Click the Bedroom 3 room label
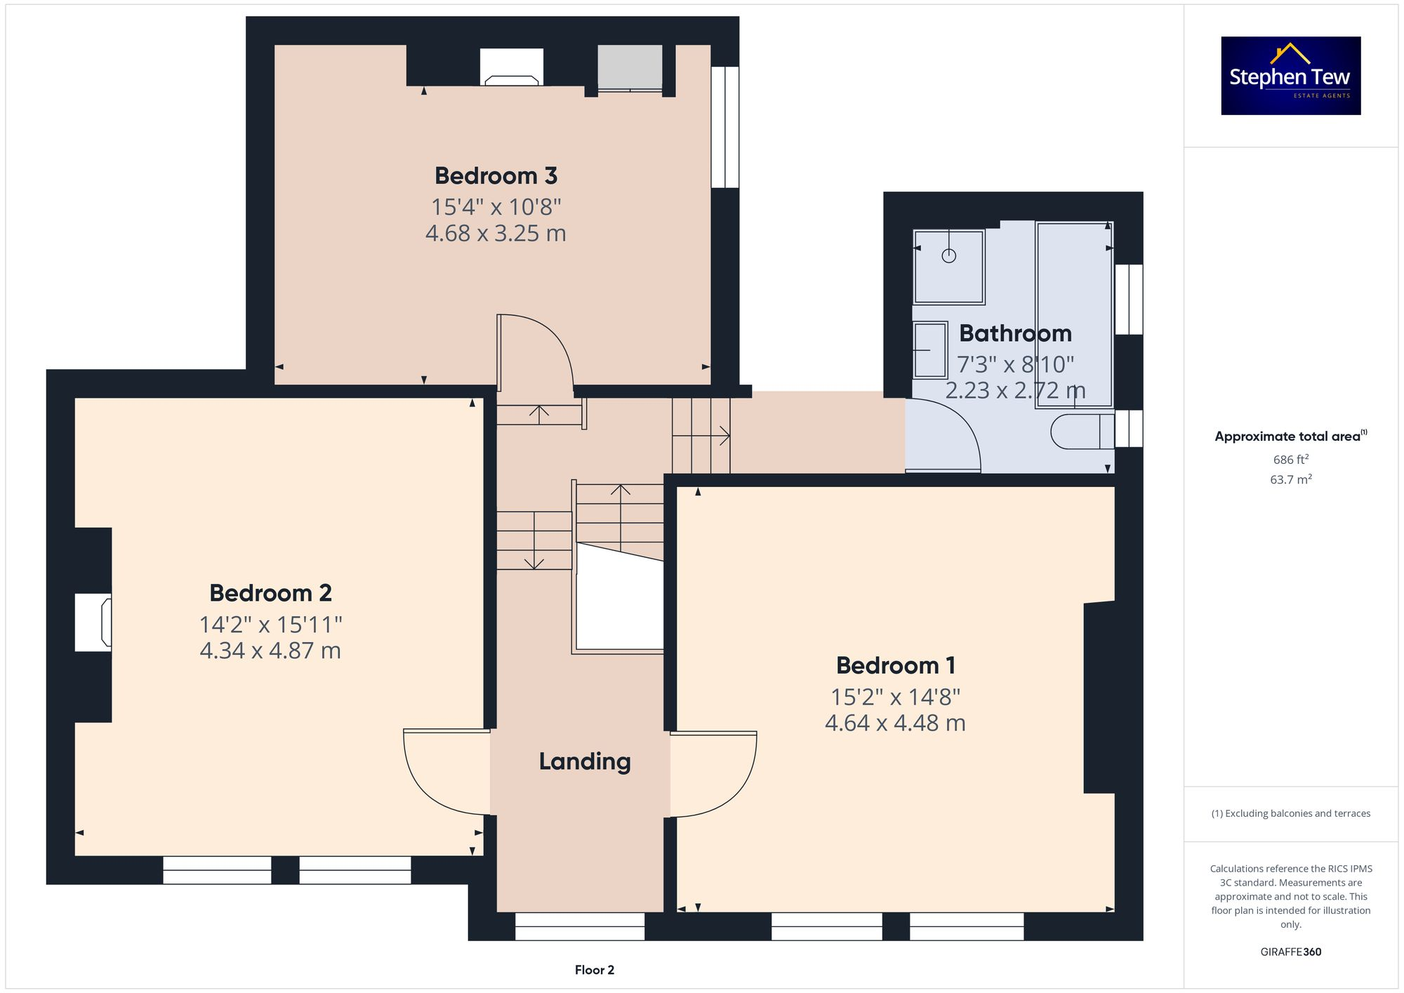point(496,175)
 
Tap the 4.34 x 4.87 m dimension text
point(270,651)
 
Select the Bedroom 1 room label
point(895,665)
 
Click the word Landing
point(585,761)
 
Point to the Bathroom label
point(1015,333)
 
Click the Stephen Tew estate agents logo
point(1290,76)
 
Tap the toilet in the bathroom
point(1081,432)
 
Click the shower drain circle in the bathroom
point(948,256)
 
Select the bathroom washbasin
point(930,349)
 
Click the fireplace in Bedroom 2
point(93,622)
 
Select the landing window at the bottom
point(579,926)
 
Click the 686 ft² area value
point(1290,460)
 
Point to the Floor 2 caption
point(594,970)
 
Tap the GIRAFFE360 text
point(1290,952)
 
